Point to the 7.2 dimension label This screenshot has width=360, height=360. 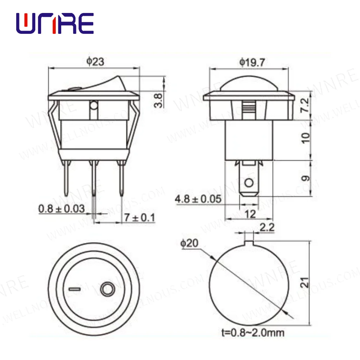pos(305,105)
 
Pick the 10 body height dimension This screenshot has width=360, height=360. pos(305,138)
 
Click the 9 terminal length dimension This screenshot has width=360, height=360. pos(305,177)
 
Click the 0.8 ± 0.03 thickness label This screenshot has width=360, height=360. pos(62,208)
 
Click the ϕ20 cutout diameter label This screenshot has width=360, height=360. pos(189,243)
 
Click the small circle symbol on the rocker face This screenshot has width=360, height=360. pos(107,289)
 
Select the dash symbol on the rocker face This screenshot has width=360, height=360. pos(75,289)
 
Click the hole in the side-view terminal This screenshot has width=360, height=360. pos(248,184)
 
